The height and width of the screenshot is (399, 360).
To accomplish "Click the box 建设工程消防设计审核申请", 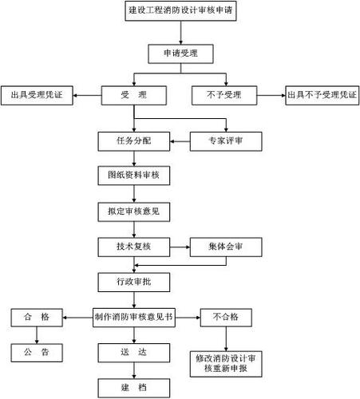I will [181, 13].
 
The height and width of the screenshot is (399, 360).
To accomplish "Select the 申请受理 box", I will [181, 53].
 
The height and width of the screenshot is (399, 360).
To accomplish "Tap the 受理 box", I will [133, 95].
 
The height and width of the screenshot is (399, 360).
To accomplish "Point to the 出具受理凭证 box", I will [37, 95].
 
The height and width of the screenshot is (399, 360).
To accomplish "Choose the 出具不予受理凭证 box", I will [322, 95].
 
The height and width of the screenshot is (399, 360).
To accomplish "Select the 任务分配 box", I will [134, 141].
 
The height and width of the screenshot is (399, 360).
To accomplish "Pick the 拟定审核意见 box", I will [134, 211].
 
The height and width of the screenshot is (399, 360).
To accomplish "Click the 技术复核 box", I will [134, 247].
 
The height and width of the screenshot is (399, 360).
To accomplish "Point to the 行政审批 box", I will [134, 282].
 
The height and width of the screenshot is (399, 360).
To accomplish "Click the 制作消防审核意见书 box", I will [134, 317].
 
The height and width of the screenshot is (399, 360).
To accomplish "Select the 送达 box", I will [133, 352].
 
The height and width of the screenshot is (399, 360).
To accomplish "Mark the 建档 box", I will [133, 387].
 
